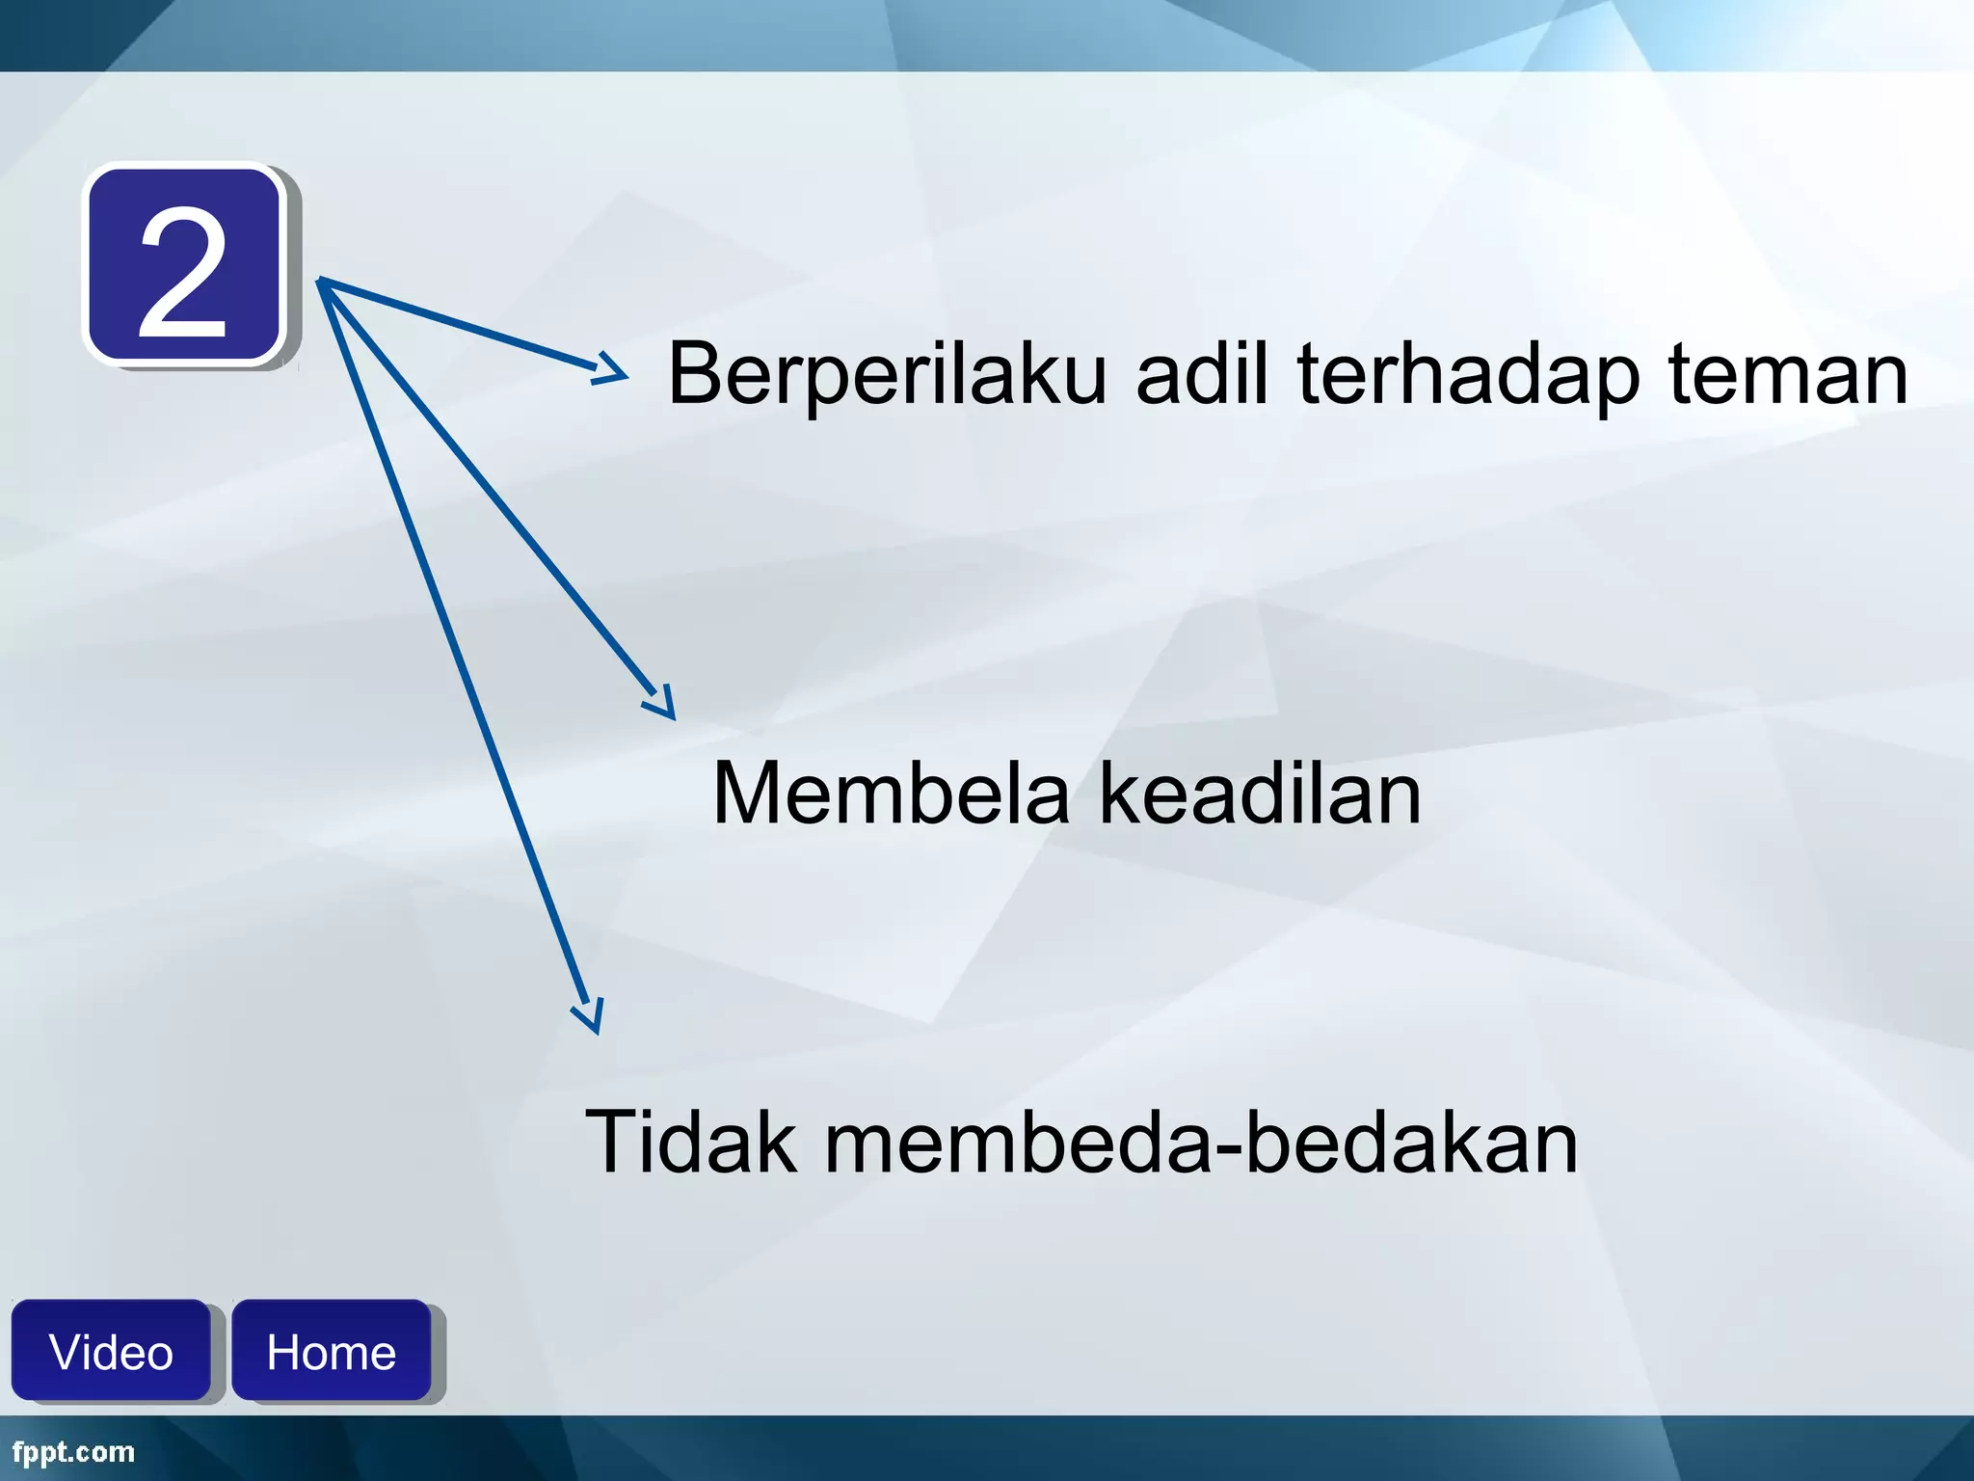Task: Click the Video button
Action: pos(111,1351)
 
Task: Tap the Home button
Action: pos(331,1351)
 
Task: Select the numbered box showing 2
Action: pos(185,266)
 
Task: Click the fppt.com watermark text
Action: pos(73,1452)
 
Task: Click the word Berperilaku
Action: pos(887,376)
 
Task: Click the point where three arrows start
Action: pos(319,281)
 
